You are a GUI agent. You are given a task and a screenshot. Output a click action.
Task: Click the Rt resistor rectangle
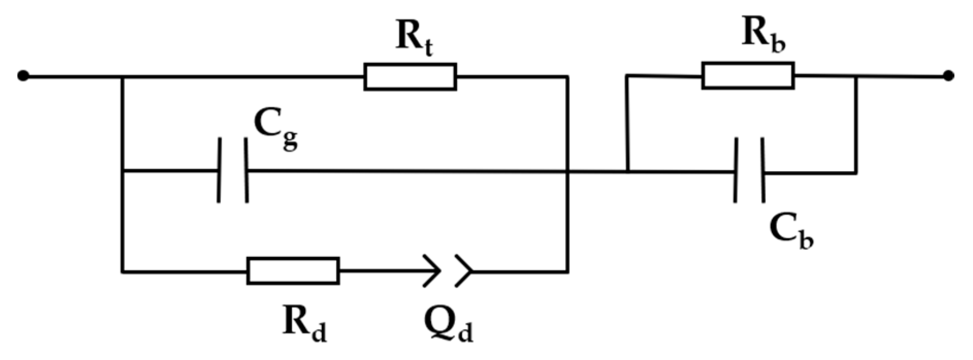[x=410, y=77]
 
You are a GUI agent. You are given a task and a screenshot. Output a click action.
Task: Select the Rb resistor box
[x=748, y=76]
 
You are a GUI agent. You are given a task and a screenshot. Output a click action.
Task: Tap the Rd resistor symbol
[x=293, y=270]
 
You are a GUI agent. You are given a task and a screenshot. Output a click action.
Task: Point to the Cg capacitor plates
[x=233, y=170]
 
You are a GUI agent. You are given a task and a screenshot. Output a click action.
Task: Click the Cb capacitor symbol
[x=750, y=170]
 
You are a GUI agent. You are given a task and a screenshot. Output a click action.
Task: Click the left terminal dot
[x=22, y=76]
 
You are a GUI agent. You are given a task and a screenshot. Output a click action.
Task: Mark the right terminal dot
[x=948, y=76]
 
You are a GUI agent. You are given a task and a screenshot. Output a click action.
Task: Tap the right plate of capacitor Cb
[x=763, y=170]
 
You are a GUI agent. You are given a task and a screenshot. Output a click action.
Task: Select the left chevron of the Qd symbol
[x=432, y=270]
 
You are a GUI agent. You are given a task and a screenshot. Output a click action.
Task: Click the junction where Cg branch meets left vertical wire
[x=122, y=170]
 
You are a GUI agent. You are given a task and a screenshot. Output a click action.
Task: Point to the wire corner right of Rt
[x=567, y=77]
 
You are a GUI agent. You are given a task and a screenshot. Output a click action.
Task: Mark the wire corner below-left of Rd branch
[x=122, y=271]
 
